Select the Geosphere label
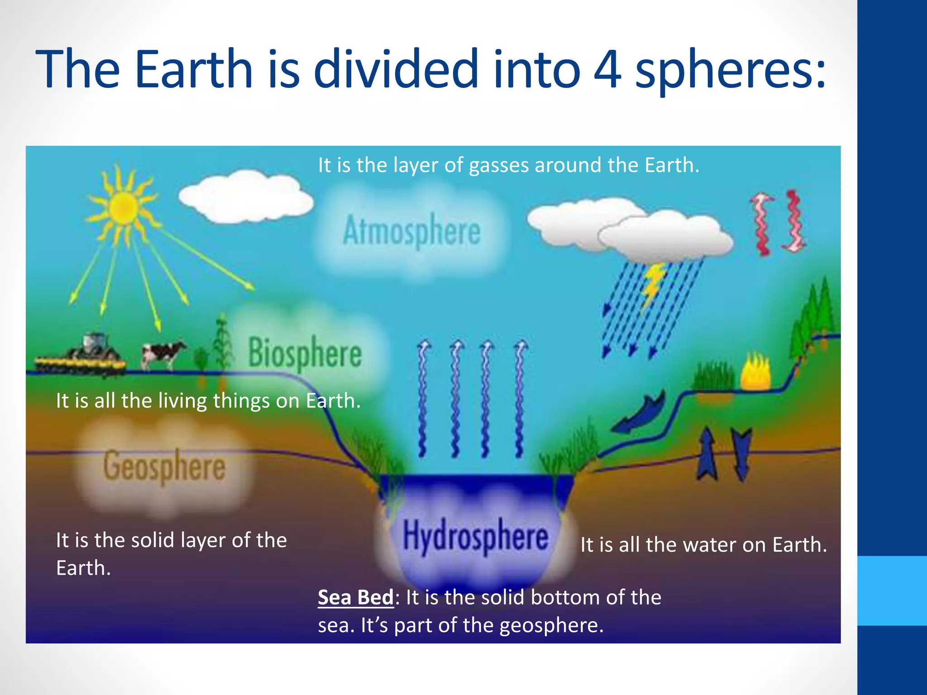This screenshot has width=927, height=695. pos(164,466)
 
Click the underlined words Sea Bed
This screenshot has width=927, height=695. pos(356,597)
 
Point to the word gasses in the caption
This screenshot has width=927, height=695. pos(498,166)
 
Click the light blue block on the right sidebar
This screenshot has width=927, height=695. pos(892,590)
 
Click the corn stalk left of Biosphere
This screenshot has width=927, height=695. pos(222,344)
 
